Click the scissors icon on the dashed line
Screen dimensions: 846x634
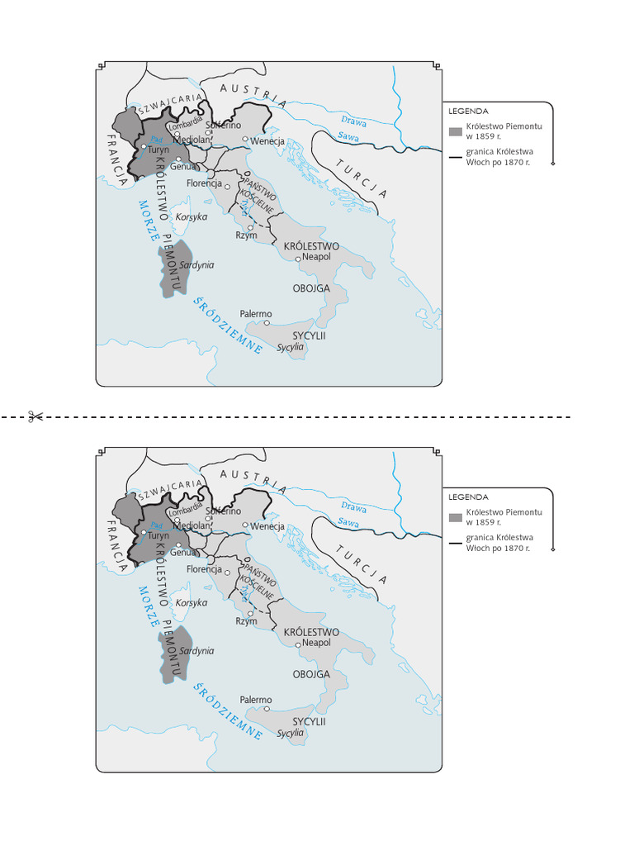click(35, 416)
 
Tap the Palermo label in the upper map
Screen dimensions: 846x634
click(255, 314)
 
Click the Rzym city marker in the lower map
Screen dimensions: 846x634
click(250, 613)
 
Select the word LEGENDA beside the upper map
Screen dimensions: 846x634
click(468, 111)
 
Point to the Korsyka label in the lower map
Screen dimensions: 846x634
click(192, 603)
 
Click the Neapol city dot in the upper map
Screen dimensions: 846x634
click(299, 259)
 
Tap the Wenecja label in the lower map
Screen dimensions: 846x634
click(267, 526)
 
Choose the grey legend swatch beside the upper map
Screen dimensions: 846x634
click(455, 131)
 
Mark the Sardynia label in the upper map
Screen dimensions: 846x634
click(196, 265)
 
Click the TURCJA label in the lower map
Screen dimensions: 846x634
click(362, 565)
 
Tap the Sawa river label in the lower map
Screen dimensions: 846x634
click(348, 522)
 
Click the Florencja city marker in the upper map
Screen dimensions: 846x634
click(228, 187)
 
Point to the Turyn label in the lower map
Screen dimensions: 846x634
click(158, 535)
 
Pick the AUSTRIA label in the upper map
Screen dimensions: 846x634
click(253, 94)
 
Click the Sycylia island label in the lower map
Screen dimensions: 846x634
click(291, 733)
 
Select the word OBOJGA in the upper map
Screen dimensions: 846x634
click(311, 288)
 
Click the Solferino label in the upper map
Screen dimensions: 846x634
click(223, 126)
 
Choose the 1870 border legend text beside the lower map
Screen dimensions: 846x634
click(499, 543)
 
